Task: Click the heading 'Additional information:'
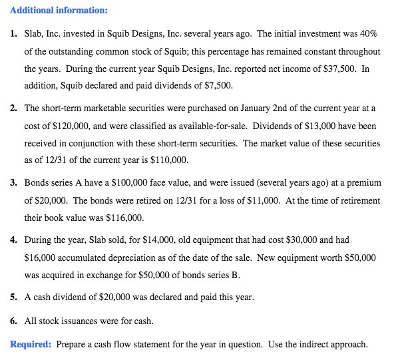tap(50, 11)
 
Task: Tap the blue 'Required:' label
tap(31, 344)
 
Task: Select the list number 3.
tap(13, 182)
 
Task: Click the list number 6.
tap(13, 321)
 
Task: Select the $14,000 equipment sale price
tap(136, 239)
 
